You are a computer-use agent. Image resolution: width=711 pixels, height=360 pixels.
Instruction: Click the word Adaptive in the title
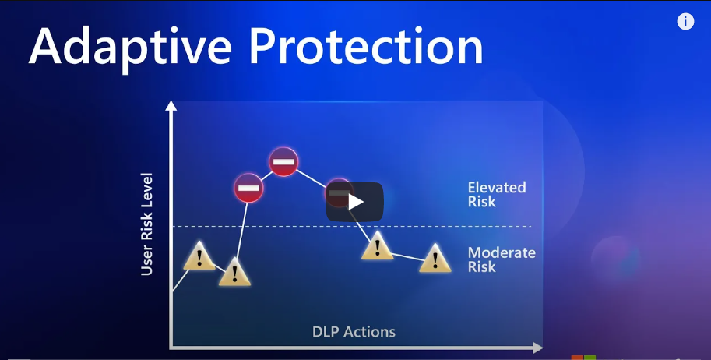131,48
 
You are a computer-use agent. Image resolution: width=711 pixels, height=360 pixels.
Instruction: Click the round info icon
685,21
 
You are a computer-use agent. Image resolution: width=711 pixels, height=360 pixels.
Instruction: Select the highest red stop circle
283,161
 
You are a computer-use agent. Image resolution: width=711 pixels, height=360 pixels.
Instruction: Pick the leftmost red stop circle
248,188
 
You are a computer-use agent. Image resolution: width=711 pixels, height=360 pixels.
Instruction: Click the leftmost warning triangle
199,256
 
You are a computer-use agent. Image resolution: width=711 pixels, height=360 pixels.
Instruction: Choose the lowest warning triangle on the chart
234,273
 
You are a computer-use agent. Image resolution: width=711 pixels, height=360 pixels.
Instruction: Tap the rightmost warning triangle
435,259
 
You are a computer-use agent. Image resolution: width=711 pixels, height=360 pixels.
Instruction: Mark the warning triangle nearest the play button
377,246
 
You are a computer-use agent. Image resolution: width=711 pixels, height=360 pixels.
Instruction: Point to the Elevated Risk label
497,194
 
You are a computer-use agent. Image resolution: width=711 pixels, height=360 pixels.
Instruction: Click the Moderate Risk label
501,259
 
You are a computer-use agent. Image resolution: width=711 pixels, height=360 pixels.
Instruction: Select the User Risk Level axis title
146,224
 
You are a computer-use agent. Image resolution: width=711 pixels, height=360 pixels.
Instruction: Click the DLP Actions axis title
354,332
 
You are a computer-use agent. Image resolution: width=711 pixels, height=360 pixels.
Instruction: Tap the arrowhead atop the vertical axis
171,106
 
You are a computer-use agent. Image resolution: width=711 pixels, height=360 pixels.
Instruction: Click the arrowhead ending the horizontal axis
537,348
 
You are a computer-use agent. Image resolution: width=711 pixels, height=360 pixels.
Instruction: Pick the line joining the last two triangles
406,257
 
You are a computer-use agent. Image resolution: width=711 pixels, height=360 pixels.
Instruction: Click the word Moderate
502,252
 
